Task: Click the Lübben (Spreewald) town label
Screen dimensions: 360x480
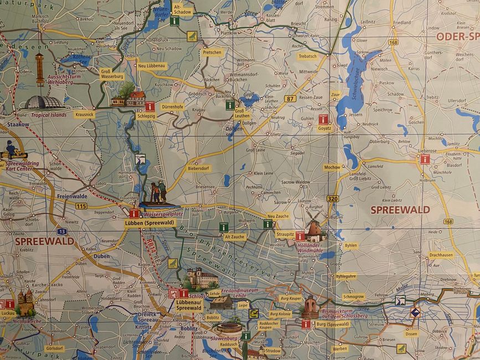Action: pyautogui.click(x=149, y=223)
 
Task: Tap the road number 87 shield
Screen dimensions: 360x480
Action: pyautogui.click(x=288, y=99)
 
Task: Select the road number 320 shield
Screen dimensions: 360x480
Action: pyautogui.click(x=332, y=198)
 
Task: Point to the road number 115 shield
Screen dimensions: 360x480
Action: pyautogui.click(x=81, y=205)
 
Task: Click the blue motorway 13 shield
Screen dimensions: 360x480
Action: pyautogui.click(x=61, y=231)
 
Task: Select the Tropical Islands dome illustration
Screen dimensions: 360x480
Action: pyautogui.click(x=42, y=102)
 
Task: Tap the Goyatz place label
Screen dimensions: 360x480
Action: pyautogui.click(x=324, y=128)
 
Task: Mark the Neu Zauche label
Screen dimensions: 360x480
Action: pyautogui.click(x=278, y=216)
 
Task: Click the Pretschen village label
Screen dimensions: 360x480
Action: pyautogui.click(x=212, y=53)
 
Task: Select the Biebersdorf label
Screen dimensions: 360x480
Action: pyautogui.click(x=199, y=168)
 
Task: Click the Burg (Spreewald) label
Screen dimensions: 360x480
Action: pyautogui.click(x=332, y=324)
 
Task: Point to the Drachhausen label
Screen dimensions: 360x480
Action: pyautogui.click(x=441, y=255)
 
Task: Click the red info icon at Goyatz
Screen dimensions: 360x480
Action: pyautogui.click(x=323, y=119)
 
